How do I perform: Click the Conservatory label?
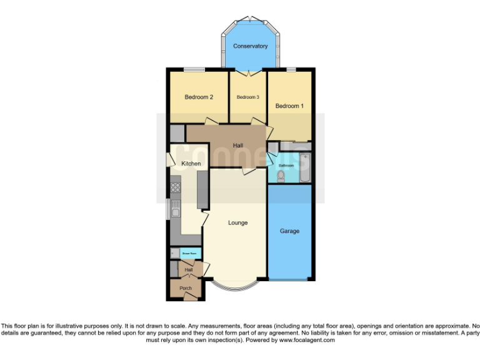pos(250,46)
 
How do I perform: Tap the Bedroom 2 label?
pos(199,97)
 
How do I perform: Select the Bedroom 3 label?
pos(247,97)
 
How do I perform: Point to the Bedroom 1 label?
pos(289,106)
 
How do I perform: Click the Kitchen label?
pos(191,164)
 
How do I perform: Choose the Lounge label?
pos(237,223)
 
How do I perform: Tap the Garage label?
pos(289,231)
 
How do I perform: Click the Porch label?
pos(186,288)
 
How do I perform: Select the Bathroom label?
pos(286,166)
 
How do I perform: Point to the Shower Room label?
pos(190,253)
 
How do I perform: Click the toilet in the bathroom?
pos(280,176)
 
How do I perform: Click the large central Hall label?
pos(237,146)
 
